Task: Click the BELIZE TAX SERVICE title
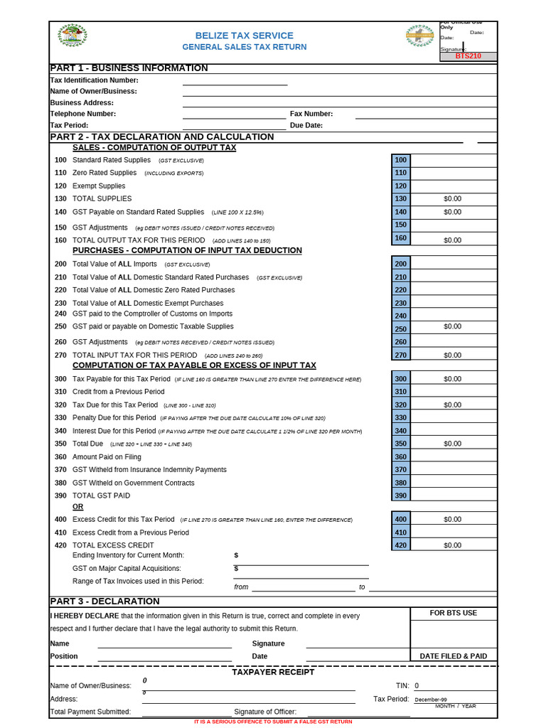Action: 244,36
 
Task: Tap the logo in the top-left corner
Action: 72,35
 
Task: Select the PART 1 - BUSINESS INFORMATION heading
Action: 129,68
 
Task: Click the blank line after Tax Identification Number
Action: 235,80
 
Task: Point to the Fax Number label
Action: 311,114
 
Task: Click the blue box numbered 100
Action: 400,161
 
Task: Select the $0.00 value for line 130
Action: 452,199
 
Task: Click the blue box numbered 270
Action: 400,355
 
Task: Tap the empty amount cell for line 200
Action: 454,264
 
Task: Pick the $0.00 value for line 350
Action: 452,444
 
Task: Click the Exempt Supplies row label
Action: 99,186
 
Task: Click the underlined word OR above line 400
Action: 78,507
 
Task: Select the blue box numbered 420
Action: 400,545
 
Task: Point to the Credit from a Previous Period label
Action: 118,392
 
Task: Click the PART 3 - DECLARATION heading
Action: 105,601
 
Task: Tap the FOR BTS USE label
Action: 454,613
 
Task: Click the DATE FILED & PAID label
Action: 454,656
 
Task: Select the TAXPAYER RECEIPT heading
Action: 273,672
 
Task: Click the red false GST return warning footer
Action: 273,722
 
